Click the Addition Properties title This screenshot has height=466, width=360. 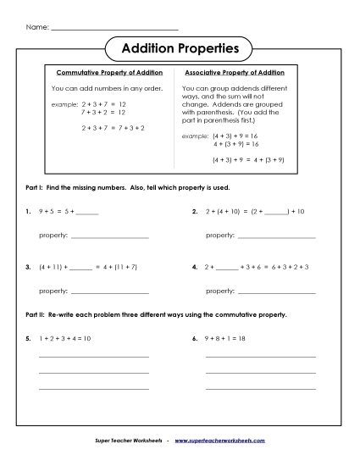180,50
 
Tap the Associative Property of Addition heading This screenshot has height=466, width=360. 235,73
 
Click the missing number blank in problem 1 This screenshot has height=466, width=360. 87,213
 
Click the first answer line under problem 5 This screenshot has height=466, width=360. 93,357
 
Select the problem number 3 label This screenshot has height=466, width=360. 29,267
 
